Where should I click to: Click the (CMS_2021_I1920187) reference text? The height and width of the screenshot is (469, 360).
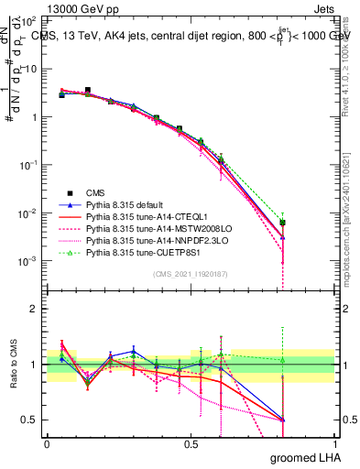pyautogui.click(x=191, y=274)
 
